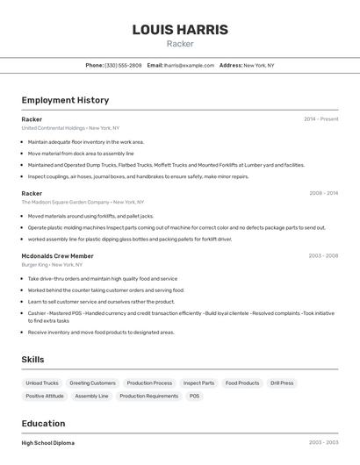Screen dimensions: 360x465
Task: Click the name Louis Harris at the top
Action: (x=180, y=30)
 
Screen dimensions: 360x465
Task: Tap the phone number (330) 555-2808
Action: (x=123, y=65)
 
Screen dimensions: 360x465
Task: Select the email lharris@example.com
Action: (x=189, y=65)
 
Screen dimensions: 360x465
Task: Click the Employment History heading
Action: (x=65, y=100)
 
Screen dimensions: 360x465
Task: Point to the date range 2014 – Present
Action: (x=320, y=119)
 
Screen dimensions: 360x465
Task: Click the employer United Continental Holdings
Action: (x=54, y=128)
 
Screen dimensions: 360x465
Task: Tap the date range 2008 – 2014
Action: (x=323, y=193)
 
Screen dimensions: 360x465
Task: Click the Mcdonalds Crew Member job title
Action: (x=57, y=256)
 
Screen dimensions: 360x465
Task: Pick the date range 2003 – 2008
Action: (x=323, y=256)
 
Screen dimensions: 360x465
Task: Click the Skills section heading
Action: (x=33, y=360)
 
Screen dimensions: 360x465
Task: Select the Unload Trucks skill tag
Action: (x=42, y=383)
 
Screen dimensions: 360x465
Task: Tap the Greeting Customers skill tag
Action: (x=92, y=383)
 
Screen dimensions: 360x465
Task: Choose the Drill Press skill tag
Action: (x=282, y=383)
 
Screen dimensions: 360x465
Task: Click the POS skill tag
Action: (x=194, y=396)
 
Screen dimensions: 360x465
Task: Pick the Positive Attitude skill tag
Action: (x=45, y=396)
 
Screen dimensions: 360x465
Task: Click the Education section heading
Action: (x=43, y=423)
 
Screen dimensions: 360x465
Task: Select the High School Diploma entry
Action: (x=48, y=443)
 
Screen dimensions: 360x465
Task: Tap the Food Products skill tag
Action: (x=242, y=383)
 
